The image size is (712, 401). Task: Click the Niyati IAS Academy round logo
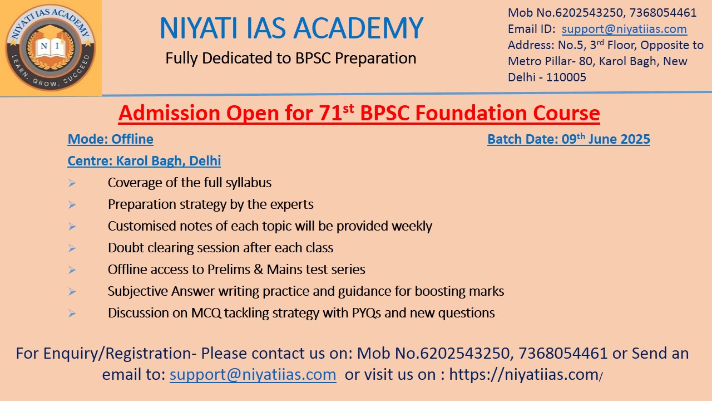(x=51, y=48)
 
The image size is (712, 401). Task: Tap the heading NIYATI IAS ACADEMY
(x=291, y=28)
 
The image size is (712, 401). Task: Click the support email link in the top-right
(x=624, y=29)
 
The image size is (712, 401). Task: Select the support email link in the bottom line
(x=253, y=374)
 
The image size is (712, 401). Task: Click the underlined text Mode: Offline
(x=110, y=139)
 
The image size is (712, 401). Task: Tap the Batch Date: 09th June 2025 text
(x=568, y=139)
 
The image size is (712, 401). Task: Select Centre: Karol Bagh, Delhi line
(x=144, y=161)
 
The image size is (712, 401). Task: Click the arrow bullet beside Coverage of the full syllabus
(x=72, y=183)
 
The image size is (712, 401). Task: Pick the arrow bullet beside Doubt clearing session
(x=72, y=248)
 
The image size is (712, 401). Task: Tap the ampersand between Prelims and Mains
(x=259, y=270)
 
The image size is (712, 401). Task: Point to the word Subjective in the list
(x=137, y=291)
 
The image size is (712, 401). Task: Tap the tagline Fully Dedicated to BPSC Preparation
(x=291, y=58)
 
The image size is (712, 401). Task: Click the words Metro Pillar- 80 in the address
(x=551, y=61)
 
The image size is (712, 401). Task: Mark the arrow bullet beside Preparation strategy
(x=72, y=204)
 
